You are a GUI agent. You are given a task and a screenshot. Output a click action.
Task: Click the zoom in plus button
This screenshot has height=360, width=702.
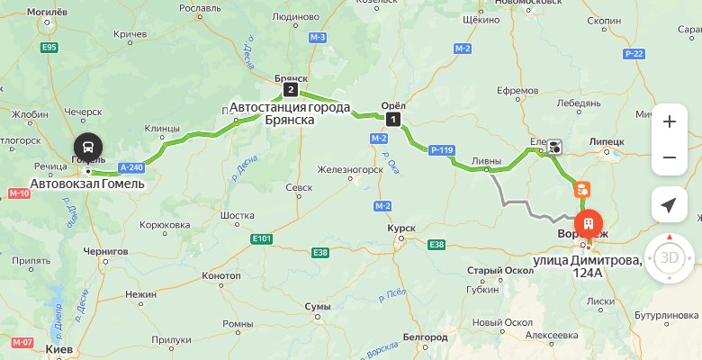669,121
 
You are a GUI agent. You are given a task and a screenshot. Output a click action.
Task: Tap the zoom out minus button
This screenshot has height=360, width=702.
669,158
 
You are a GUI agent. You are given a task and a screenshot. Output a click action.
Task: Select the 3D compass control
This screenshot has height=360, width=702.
670,258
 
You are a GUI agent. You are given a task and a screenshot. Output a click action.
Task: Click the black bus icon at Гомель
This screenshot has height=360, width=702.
88,145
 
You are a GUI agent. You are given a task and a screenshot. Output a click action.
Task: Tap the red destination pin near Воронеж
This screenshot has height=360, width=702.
587,220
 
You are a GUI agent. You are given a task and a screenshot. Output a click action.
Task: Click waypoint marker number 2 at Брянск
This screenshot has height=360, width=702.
290,90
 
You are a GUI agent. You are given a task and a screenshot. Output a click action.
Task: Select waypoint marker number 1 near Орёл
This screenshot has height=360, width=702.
392,119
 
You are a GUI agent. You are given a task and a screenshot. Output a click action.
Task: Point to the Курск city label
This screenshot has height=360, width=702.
400,229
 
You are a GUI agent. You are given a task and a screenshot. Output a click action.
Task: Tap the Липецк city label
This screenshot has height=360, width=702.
607,142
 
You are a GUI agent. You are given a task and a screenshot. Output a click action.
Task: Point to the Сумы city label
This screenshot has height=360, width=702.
319,307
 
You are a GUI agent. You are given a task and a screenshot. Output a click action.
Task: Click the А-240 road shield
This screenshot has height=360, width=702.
130,166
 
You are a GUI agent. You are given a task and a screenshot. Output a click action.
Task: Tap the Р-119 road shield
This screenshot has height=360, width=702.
441,150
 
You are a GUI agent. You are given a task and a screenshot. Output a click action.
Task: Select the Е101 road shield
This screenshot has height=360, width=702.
263,239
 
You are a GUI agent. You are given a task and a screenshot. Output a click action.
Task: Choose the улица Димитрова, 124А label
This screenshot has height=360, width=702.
587,266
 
